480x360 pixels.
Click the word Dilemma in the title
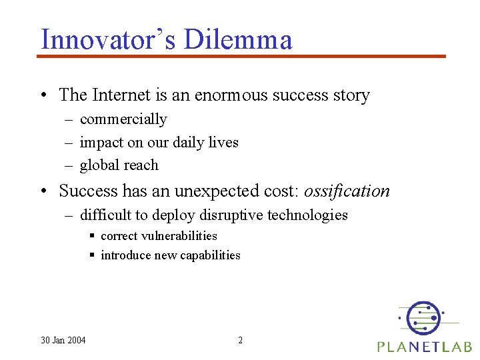[238, 39]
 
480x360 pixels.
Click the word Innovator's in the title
[109, 39]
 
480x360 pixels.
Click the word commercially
[123, 119]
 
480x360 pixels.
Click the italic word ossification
[347, 191]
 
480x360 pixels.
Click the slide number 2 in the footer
[241, 341]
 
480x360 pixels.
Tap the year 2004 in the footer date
[75, 341]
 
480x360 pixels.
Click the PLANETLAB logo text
[425, 347]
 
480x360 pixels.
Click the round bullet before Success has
[43, 192]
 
